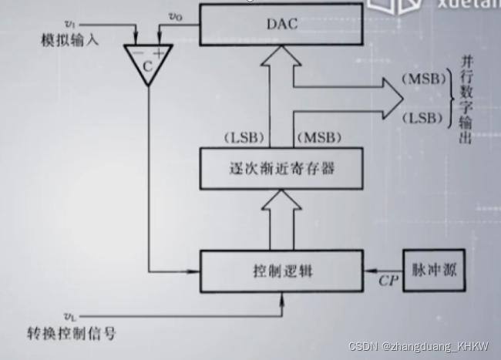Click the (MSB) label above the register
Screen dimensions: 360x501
click(318, 137)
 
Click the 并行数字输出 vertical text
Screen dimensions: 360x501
click(467, 97)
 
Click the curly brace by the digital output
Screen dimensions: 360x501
click(450, 98)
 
